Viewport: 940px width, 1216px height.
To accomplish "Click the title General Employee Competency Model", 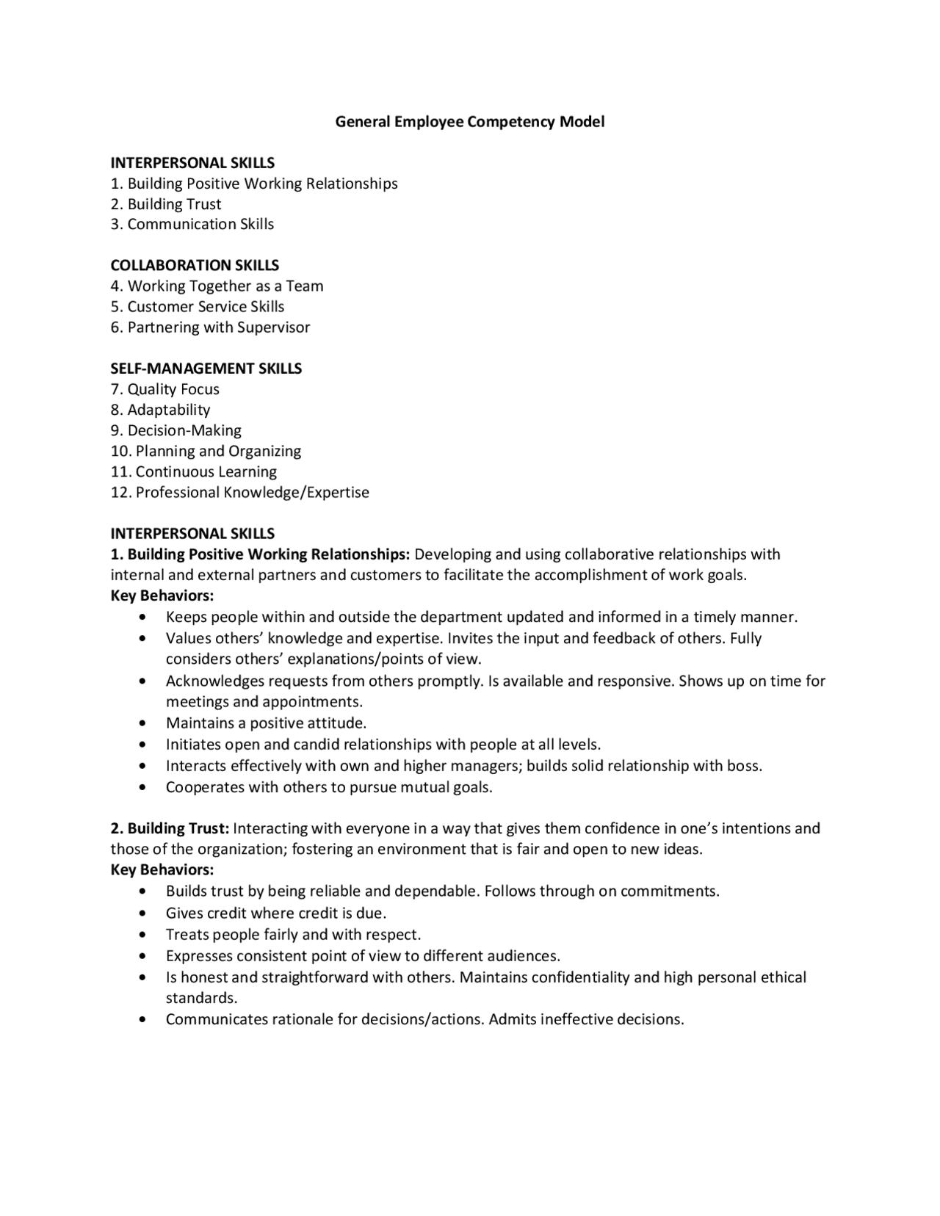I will pos(470,122).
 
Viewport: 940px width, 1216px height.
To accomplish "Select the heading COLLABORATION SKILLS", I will pos(195,265).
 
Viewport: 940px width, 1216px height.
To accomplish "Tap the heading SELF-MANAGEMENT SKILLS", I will pos(206,369).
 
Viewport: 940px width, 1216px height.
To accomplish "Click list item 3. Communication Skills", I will pos(192,224).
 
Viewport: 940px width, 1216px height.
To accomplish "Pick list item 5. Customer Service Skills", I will pos(198,306).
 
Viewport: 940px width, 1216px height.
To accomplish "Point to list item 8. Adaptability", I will pos(161,410).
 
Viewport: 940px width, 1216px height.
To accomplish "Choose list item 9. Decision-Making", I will pos(176,430).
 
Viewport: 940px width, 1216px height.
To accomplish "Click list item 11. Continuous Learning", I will pos(194,471).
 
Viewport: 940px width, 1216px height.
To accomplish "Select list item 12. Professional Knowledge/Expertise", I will pos(240,492).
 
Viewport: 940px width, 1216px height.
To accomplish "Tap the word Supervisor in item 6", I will pos(273,327).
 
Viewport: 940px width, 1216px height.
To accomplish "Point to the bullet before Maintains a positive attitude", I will pos(142,724).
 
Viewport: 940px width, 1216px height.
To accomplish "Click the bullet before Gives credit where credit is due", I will pos(142,913).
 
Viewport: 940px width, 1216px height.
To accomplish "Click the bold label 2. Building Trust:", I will pos(170,828).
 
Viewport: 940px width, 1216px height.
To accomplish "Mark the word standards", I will pos(201,998).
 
